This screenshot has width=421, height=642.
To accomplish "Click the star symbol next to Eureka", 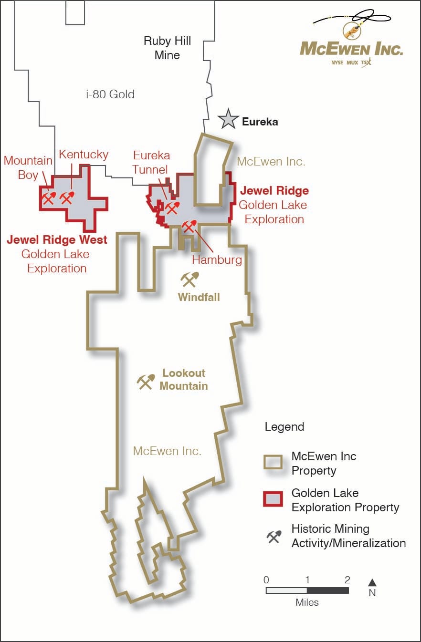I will [228, 119].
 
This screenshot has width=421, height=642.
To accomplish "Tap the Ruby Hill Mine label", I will [167, 48].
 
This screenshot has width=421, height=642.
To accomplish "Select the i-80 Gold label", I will [110, 94].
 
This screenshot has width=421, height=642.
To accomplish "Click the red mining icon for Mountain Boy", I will [49, 197].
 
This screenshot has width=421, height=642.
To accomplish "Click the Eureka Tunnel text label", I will [151, 163].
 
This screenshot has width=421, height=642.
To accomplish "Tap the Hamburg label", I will [217, 260].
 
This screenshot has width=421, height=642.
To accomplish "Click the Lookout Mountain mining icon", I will [146, 381].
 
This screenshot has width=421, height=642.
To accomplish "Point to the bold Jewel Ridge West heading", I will [57, 239].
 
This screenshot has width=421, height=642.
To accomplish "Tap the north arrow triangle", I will [372, 582].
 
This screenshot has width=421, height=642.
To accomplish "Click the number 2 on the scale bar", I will [347, 580].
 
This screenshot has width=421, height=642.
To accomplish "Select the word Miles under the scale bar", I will [307, 602].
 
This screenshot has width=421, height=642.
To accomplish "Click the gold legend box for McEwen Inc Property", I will [274, 463].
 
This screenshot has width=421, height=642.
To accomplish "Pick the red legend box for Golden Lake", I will [274, 499].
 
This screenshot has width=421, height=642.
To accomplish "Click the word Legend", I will [284, 426].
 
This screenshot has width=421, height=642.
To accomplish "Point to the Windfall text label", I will [199, 297].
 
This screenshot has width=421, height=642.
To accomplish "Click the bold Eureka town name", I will [260, 122].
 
